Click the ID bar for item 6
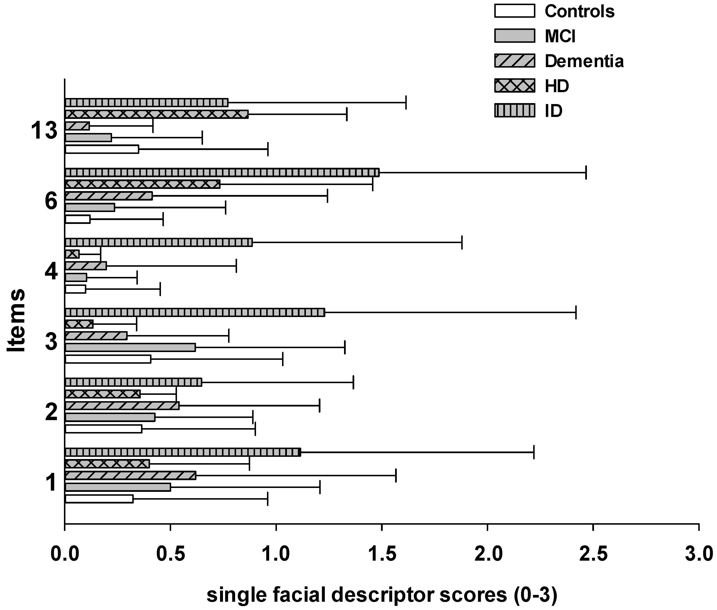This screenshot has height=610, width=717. (x=221, y=172)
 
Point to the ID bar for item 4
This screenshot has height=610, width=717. (x=159, y=242)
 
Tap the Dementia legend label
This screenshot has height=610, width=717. (x=584, y=61)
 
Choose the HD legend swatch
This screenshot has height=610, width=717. (x=514, y=86)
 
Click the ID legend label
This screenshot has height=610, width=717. (x=553, y=111)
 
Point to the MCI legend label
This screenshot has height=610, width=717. (x=560, y=36)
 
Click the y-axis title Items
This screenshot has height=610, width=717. (x=16, y=320)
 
